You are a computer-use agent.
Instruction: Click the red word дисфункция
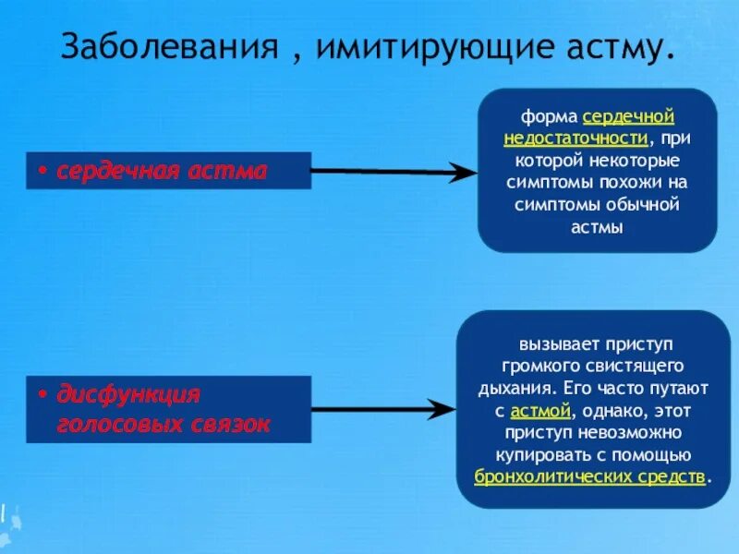tap(129, 395)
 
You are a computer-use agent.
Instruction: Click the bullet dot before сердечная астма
tap(43, 172)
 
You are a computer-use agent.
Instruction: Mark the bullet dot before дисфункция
tap(43, 395)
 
